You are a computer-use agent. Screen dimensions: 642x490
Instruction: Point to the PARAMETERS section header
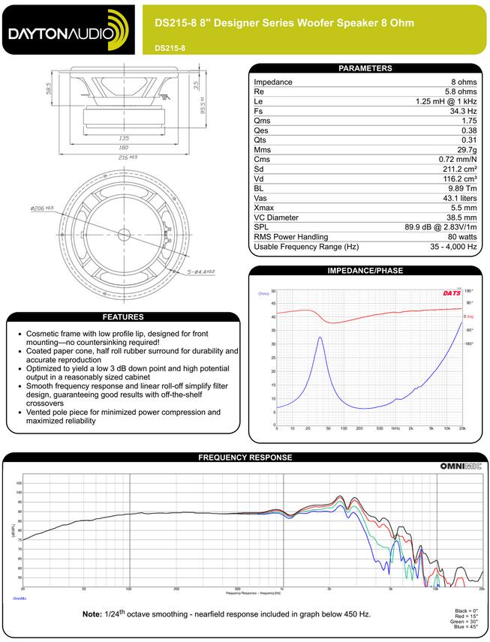point(365,68)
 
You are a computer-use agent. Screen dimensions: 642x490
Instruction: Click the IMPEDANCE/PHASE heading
point(365,270)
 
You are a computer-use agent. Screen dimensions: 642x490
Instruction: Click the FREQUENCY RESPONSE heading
point(245,457)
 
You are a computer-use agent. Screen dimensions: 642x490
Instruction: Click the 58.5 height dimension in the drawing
point(49,88)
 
